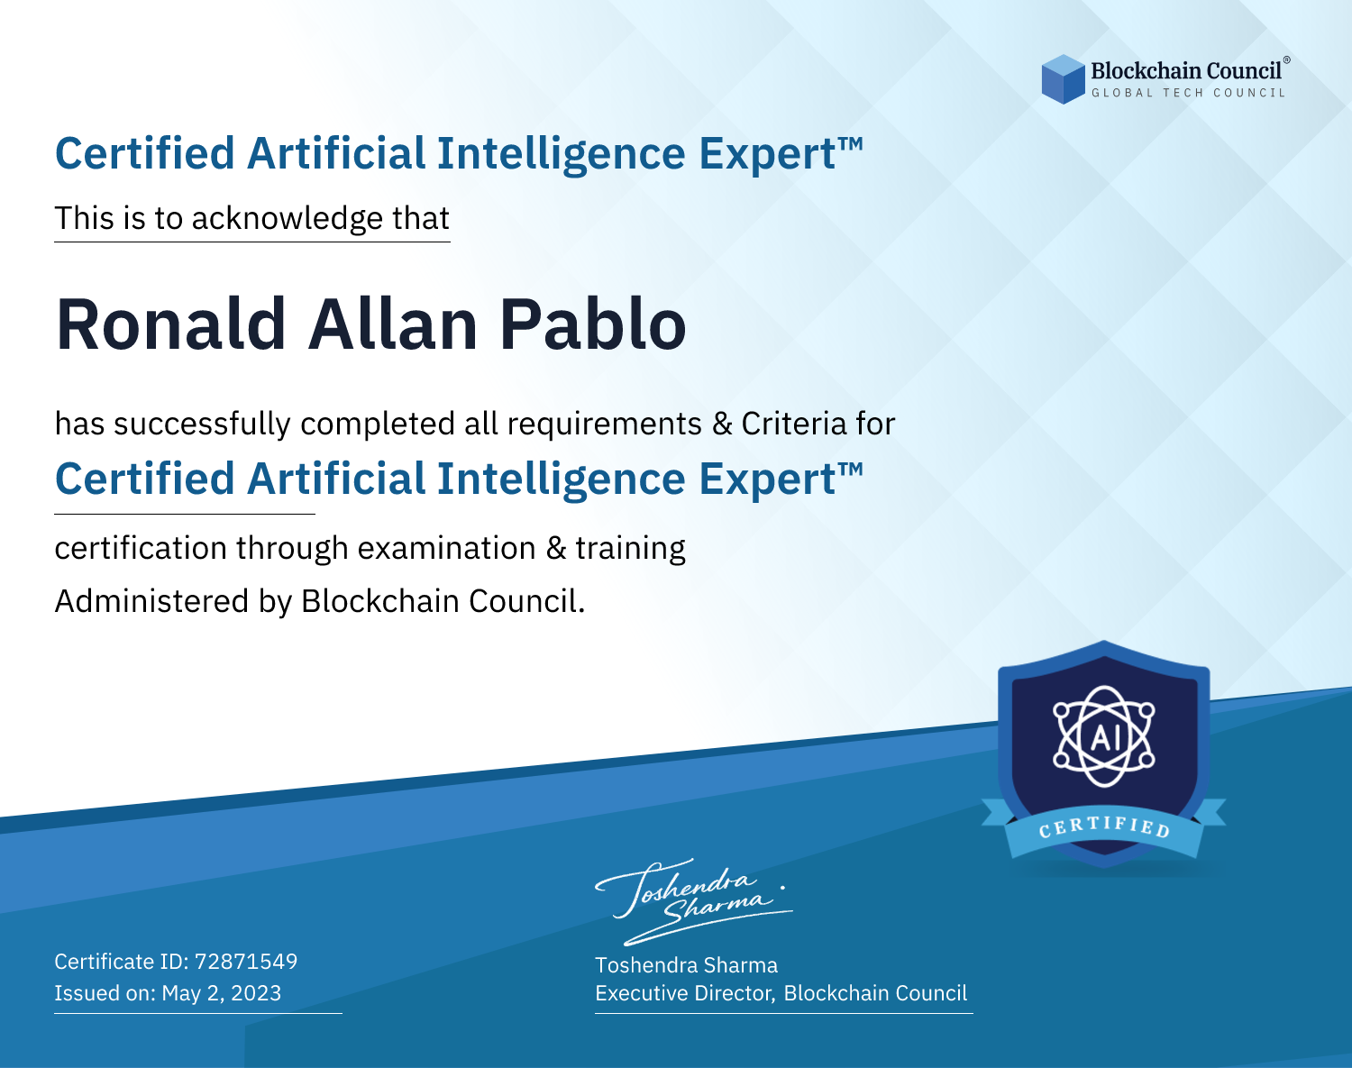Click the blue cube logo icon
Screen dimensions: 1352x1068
1063,79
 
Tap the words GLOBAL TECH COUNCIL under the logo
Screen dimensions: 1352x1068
1189,93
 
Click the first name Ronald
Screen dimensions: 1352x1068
171,324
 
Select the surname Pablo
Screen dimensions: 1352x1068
592,324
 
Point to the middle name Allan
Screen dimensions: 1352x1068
393,324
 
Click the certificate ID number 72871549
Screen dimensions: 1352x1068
246,961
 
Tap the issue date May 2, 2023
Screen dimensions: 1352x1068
221,992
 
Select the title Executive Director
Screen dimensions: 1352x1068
683,993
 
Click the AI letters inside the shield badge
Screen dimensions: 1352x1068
1104,737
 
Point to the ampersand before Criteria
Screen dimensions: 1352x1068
722,424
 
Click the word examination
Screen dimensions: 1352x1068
446,548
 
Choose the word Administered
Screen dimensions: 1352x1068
151,601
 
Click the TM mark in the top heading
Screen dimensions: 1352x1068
851,144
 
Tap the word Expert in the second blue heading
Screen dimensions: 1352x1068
767,480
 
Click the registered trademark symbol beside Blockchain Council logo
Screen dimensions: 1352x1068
1286,60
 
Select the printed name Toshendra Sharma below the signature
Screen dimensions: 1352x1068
686,965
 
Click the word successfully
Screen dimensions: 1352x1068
202,424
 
